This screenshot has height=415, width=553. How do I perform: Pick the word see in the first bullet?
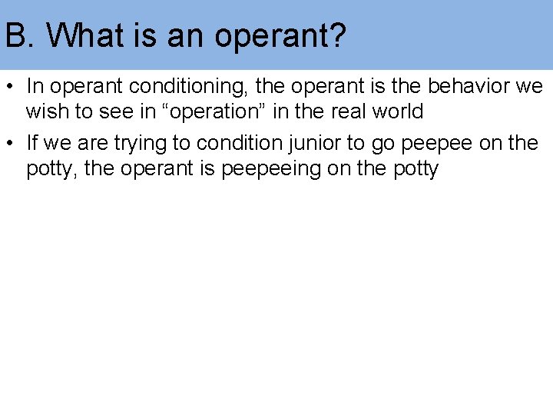tap(114, 112)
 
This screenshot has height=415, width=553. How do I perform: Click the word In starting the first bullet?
tap(35, 86)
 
